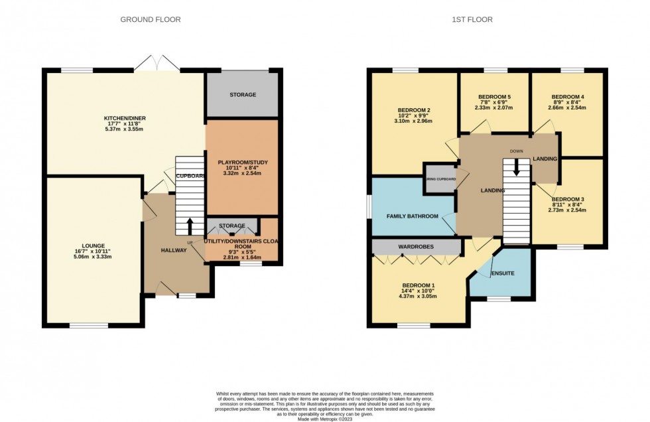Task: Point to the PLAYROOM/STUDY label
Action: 242,162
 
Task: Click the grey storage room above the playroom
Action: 242,95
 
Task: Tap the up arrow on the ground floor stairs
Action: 190,226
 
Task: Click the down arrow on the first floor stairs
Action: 517,171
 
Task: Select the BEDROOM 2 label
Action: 415,110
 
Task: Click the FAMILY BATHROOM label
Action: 413,216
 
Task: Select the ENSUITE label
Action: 502,273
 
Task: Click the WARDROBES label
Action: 416,247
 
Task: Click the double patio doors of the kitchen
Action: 157,64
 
